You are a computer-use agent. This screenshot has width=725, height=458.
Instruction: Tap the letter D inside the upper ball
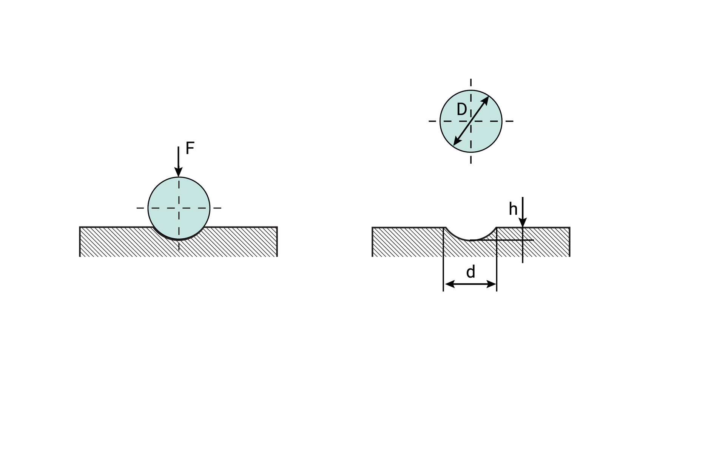(462, 109)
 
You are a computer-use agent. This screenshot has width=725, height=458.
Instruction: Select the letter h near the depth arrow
(513, 209)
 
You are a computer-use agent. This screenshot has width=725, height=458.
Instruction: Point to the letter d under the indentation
(470, 272)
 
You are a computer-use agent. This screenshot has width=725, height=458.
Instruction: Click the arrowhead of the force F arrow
(179, 172)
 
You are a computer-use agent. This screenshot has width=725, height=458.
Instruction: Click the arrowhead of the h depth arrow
(523, 223)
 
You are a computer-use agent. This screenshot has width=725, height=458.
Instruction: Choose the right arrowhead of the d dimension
(491, 284)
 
